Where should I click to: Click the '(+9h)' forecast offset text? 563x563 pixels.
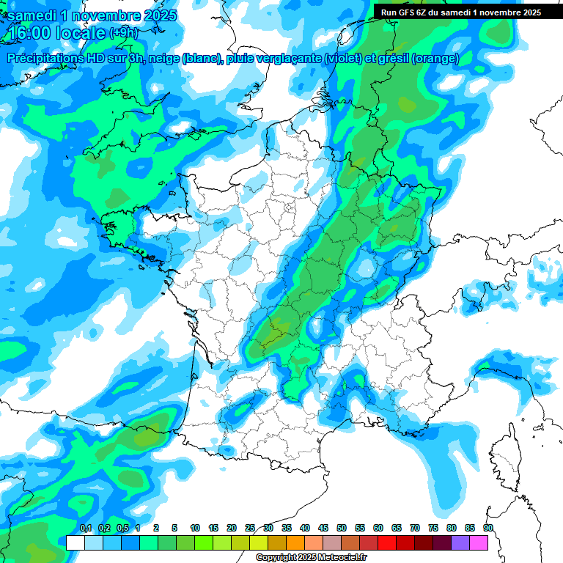[124, 33]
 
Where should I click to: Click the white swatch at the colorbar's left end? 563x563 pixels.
[75, 543]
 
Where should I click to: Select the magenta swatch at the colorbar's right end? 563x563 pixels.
[479, 543]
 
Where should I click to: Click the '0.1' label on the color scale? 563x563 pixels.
[85, 528]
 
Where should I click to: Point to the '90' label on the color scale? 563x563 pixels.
[488, 528]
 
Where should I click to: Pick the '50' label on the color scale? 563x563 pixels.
[342, 528]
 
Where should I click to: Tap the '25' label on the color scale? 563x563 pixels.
[250, 528]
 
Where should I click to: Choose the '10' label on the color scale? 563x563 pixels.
[195, 528]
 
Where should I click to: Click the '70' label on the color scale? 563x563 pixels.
[415, 528]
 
